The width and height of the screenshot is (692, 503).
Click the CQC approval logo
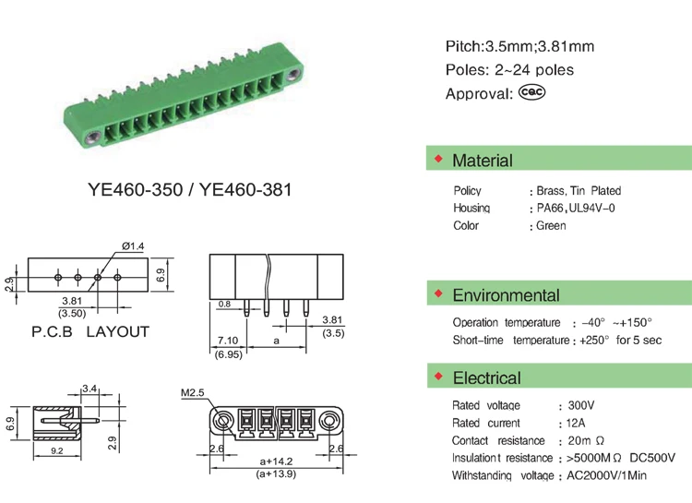[x=531, y=92]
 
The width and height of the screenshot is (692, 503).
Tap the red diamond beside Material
[x=438, y=158]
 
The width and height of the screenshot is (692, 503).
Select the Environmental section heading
[x=506, y=295]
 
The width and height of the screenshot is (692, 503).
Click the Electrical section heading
[x=487, y=378]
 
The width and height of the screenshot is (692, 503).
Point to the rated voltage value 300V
[x=581, y=405]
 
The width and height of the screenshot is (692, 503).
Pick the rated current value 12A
[x=576, y=423]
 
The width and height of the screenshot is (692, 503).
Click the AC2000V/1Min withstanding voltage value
[x=606, y=475]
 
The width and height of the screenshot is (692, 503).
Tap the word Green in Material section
[x=551, y=226]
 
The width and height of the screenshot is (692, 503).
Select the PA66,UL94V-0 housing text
[x=576, y=208]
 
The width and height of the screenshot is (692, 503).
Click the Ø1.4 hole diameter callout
[x=133, y=246]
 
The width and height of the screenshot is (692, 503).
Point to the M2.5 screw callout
[x=193, y=392]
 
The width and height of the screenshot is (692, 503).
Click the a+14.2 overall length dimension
[x=276, y=461]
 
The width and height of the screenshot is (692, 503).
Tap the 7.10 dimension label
[x=228, y=341]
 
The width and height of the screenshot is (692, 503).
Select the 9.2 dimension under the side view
[x=57, y=451]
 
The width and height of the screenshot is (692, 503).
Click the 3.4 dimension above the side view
[x=89, y=389]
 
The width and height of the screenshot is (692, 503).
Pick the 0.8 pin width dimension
[x=224, y=304]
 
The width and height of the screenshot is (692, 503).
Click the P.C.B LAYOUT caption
[x=90, y=331]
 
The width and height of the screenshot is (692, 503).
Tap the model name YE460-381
[x=245, y=190]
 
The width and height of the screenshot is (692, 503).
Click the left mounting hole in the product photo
[x=92, y=138]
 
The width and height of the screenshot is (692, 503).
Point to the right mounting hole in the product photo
[x=292, y=75]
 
